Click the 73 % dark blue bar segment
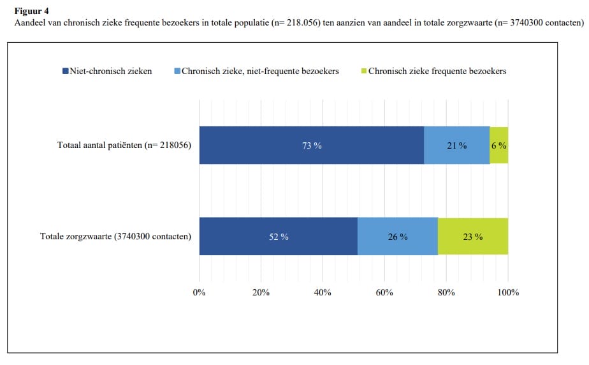click(x=312, y=145)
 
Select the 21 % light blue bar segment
click(x=456, y=145)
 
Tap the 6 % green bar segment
click(x=499, y=145)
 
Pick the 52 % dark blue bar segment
click(x=278, y=237)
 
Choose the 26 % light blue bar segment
click(x=397, y=237)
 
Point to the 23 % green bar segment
click(x=472, y=237)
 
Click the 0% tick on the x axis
click(x=200, y=292)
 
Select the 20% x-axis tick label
click(x=261, y=292)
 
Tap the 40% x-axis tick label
click(x=323, y=292)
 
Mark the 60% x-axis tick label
click(x=384, y=292)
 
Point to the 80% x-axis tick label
click(x=446, y=292)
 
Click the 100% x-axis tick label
click(x=508, y=292)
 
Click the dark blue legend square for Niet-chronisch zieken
click(x=65, y=71)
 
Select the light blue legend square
click(x=178, y=71)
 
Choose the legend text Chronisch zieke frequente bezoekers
click(x=437, y=71)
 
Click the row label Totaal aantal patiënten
click(x=124, y=145)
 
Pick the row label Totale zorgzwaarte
click(x=116, y=237)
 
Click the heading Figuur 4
click(x=31, y=11)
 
